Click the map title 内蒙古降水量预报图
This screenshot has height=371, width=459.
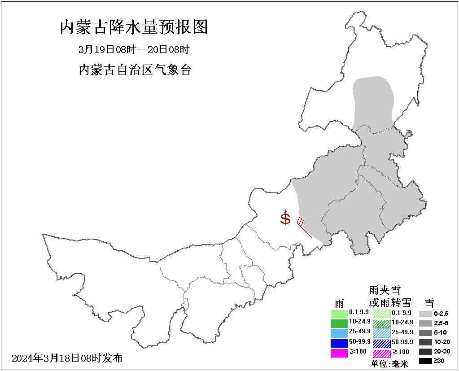click(x=134, y=27)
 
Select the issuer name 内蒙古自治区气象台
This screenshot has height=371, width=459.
click(x=135, y=70)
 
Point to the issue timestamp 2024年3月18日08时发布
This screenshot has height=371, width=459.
click(x=67, y=358)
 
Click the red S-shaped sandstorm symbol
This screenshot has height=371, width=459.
click(x=285, y=219)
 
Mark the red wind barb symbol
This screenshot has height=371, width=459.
click(x=304, y=227)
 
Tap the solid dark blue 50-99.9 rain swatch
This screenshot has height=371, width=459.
click(x=339, y=343)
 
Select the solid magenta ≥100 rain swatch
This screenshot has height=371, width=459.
click(x=339, y=353)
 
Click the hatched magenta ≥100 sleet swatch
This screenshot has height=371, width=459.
click(x=381, y=353)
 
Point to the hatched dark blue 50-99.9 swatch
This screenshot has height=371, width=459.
click(x=381, y=343)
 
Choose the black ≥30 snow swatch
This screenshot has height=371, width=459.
click(x=425, y=361)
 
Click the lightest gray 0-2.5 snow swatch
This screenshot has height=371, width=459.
click(x=425, y=314)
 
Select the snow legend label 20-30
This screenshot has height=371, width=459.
click(x=442, y=351)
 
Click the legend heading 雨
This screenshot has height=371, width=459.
click(x=339, y=303)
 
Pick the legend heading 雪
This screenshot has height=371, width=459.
click(x=429, y=303)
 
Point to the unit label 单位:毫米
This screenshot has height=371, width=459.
click(x=389, y=364)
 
